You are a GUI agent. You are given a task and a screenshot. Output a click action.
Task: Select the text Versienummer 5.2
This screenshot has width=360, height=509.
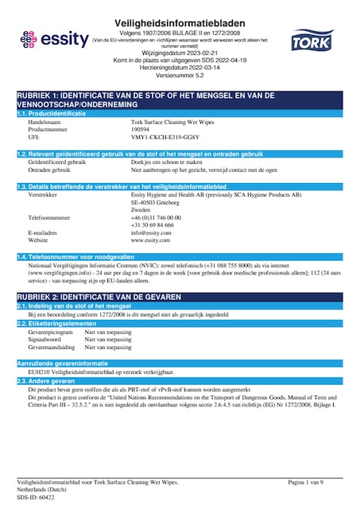pos(180,78)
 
